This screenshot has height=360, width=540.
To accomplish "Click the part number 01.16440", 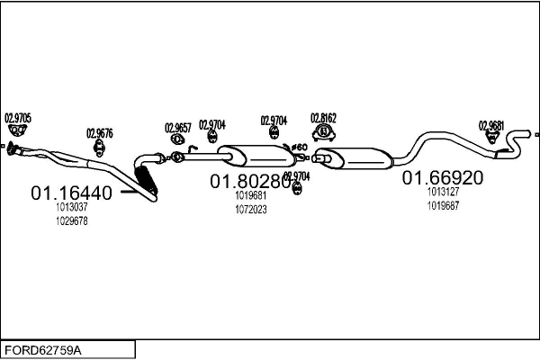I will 72,193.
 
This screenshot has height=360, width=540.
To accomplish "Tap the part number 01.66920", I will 443,177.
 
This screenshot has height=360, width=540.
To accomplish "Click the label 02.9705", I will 18,117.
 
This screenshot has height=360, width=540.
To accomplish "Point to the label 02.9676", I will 100,133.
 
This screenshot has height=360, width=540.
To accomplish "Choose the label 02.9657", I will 178,128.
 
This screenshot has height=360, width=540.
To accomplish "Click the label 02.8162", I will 323,118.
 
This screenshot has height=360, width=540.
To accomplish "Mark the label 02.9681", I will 491,125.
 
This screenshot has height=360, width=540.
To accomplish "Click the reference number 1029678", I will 72,221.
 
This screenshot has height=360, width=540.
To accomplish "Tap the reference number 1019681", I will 251,195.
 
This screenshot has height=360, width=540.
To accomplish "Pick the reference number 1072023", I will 251,210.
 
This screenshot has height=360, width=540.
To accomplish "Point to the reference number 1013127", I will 444,191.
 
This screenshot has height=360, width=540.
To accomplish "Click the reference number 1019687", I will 444,204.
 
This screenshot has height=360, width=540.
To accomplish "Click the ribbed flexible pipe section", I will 146,179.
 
